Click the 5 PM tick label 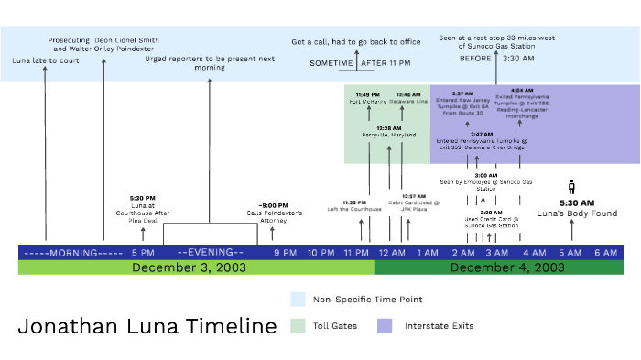click(x=142, y=252)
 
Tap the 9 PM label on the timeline click(x=285, y=252)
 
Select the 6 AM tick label click(x=605, y=252)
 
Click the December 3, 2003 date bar click(x=196, y=267)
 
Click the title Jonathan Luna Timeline click(x=147, y=326)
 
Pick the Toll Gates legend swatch click(x=298, y=325)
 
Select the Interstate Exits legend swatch click(x=385, y=325)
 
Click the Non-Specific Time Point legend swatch click(x=298, y=299)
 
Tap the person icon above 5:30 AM click(x=572, y=187)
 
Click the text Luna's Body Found click(x=577, y=213)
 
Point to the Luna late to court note click(x=46, y=60)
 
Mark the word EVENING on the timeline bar click(x=210, y=252)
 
